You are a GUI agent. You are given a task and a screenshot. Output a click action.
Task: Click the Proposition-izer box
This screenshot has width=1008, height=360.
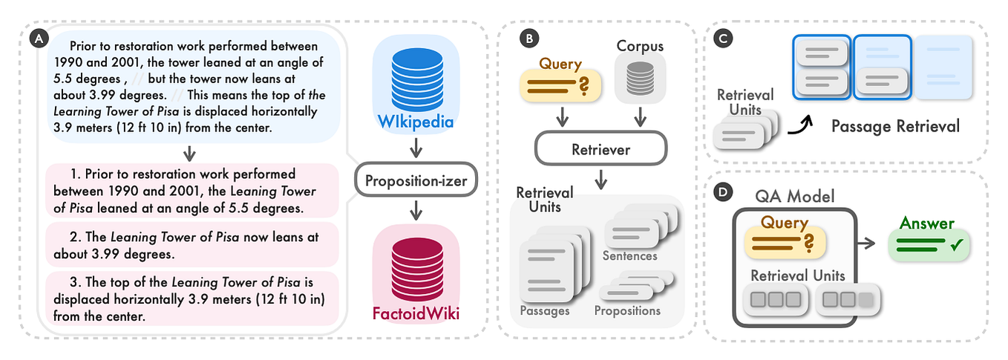tap(416, 179)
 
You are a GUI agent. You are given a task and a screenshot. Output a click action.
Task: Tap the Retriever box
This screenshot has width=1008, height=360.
tap(600, 150)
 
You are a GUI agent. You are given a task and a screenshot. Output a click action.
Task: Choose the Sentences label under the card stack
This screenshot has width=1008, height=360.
tap(630, 256)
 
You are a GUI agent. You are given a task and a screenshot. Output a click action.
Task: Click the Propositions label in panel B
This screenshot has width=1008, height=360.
tap(627, 311)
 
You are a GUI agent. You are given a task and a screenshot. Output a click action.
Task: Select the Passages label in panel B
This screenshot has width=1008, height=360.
tap(544, 311)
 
